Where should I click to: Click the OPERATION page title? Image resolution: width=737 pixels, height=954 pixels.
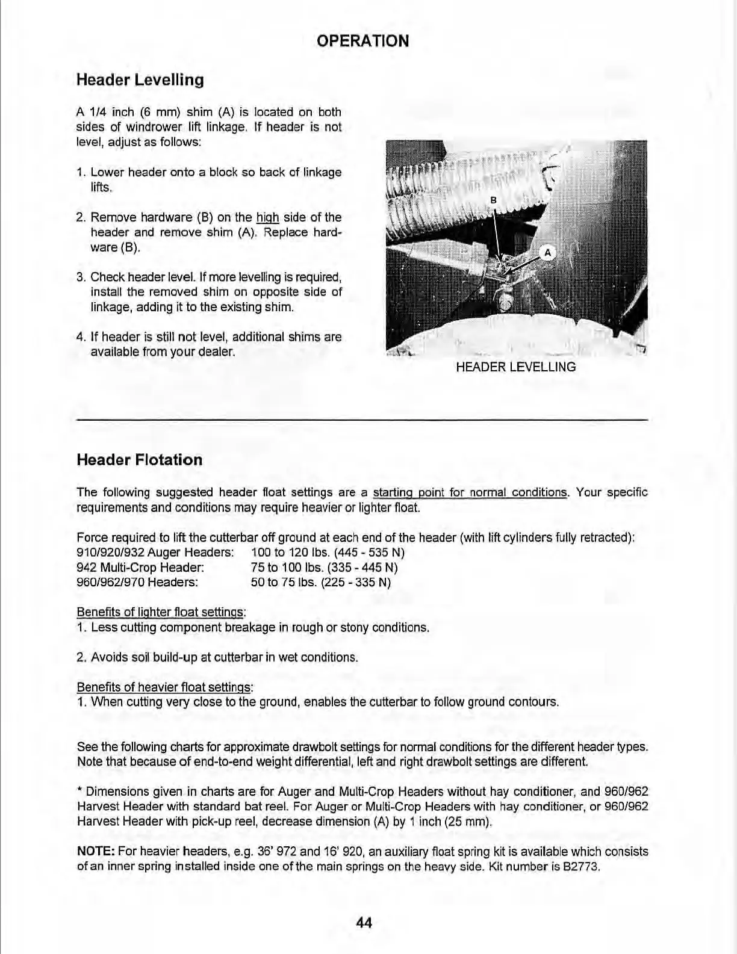pos(362,41)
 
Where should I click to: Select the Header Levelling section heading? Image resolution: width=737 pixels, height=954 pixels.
pos(140,80)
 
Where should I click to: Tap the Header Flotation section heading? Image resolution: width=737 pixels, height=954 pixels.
pos(139,460)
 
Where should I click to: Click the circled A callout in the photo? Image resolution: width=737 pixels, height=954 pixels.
pos(547,253)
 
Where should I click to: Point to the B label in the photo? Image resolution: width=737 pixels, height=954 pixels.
pos(493,199)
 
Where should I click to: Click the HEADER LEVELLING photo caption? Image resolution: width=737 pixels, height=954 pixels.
pos(515,367)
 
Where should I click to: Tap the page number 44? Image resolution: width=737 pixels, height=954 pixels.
pos(364,922)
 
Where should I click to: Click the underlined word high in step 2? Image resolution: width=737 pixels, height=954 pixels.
pos(267,217)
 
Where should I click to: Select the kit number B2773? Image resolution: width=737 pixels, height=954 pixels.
pos(582,867)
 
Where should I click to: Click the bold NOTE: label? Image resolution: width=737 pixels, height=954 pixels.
pos(96,852)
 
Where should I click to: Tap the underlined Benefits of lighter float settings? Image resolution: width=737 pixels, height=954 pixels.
pos(161,613)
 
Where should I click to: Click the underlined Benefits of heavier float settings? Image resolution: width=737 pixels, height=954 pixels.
pos(164,687)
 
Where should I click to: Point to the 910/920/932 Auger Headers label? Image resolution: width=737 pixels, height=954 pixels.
pos(155,553)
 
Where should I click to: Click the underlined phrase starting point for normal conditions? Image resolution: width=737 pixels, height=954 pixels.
pos(470,493)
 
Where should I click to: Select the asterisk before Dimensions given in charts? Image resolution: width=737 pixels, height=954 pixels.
pos(79,791)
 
